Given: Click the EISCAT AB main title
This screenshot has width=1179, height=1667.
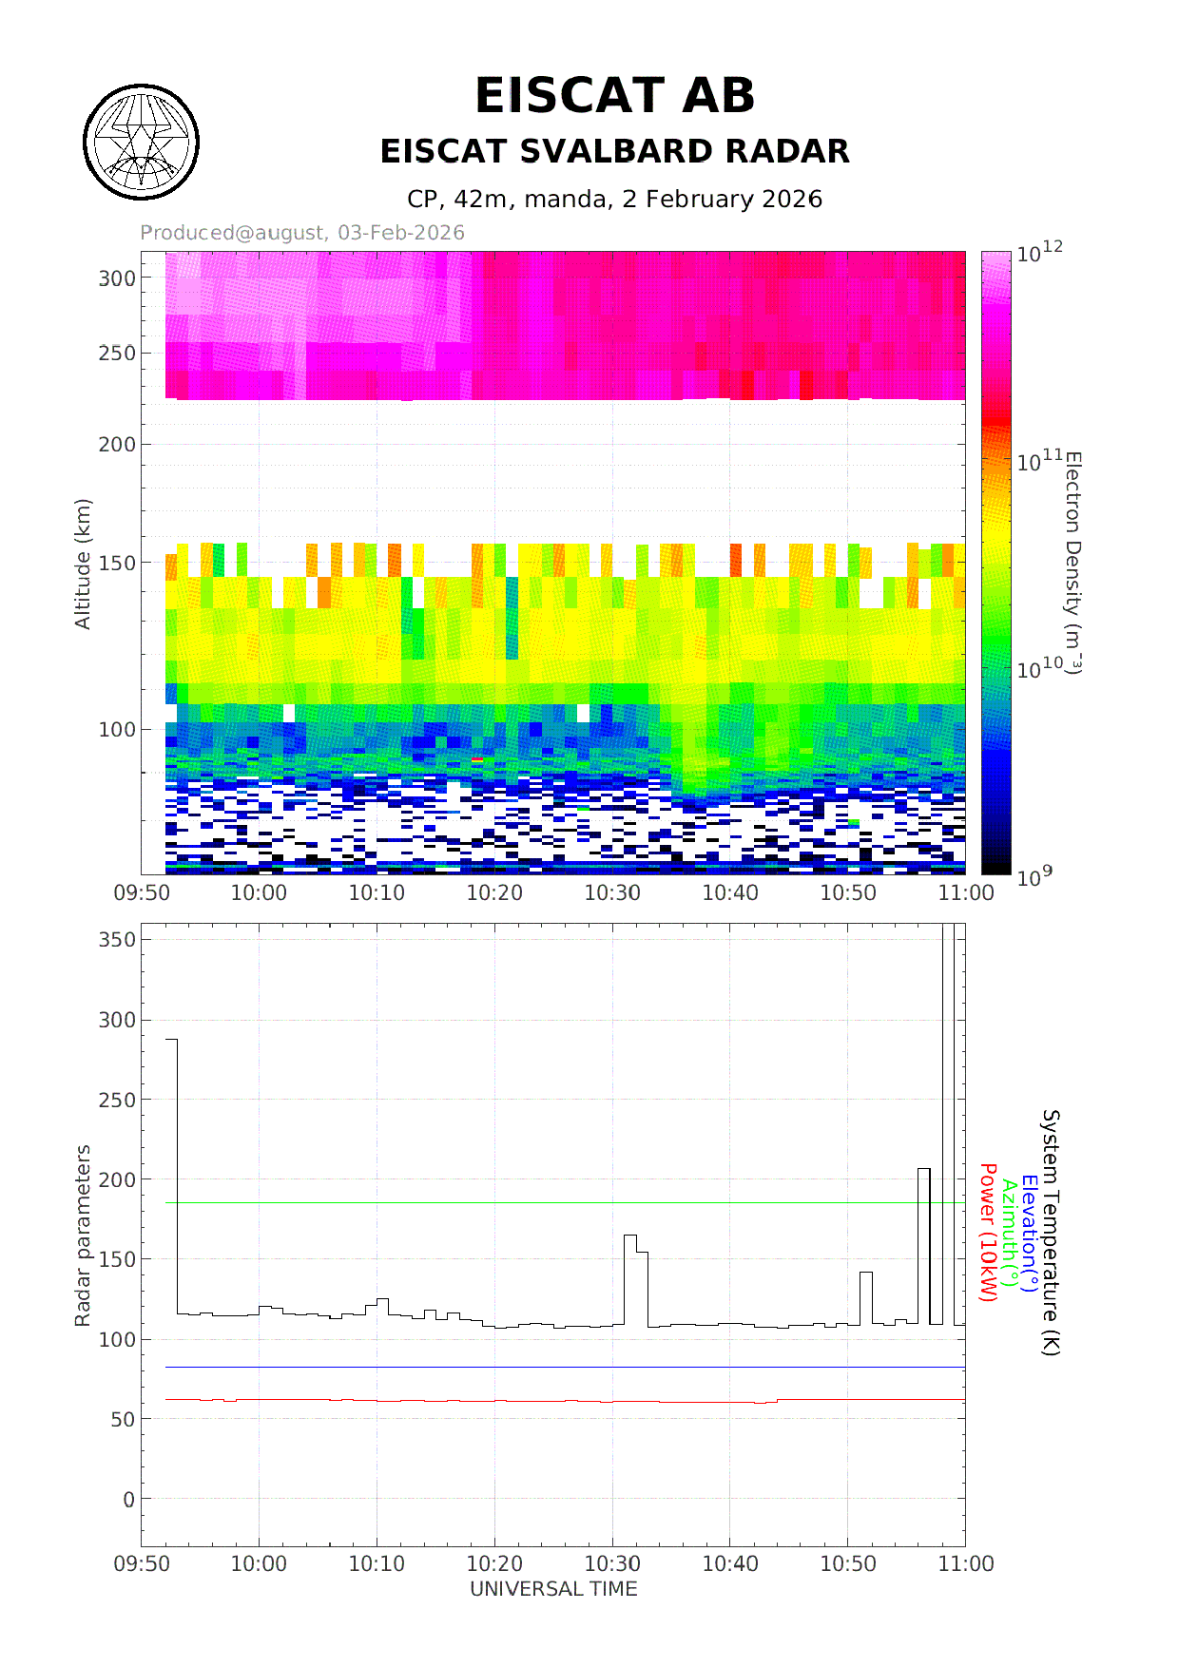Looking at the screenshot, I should (x=614, y=96).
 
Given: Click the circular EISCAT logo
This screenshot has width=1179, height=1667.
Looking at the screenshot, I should (x=142, y=143).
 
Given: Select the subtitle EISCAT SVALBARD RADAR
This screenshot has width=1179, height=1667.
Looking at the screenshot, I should (x=614, y=151).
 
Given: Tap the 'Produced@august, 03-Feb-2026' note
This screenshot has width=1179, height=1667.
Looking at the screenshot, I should (x=302, y=233).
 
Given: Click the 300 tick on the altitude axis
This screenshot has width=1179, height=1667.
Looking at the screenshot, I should (x=118, y=278).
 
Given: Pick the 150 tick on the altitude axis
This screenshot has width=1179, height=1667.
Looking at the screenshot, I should (x=118, y=563).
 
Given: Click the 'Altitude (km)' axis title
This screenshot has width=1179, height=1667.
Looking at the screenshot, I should (x=83, y=564).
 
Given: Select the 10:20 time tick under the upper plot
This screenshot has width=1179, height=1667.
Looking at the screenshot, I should (x=494, y=893).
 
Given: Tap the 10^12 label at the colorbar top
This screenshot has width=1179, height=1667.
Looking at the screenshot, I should (x=1039, y=253).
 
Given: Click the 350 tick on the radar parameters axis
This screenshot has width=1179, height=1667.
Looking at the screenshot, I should (x=118, y=939).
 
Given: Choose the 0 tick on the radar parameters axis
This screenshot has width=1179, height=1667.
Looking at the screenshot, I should (x=129, y=1500).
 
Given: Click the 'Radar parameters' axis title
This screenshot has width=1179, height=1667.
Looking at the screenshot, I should (x=83, y=1236).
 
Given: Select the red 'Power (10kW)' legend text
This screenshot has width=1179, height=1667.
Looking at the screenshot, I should (x=988, y=1233).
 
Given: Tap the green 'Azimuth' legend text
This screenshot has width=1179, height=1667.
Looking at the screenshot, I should (x=1009, y=1231).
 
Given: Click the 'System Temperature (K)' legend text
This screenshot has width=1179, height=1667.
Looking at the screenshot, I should (x=1050, y=1232).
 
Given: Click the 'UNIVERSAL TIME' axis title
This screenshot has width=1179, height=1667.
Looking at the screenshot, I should (x=553, y=1589).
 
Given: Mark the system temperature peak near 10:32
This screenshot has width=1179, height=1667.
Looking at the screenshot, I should (x=629, y=1236).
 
